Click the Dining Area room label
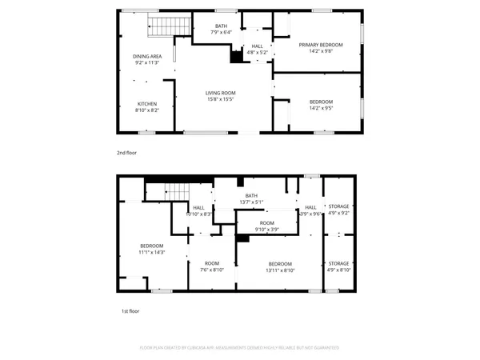[147, 58]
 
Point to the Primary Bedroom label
[320, 47]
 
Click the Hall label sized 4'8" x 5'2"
[257, 50]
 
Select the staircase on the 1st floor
[175, 193]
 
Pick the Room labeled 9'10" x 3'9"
[266, 226]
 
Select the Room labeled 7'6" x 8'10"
[211, 266]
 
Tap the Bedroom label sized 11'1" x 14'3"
[152, 248]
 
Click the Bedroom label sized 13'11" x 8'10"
[280, 266]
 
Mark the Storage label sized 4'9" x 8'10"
[338, 266]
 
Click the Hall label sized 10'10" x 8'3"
[198, 211]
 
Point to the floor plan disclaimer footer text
[239, 348]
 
